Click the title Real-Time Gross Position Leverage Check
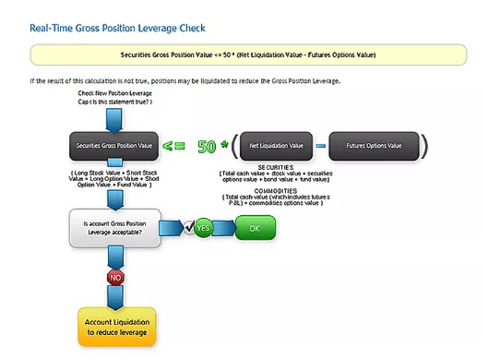(118, 29)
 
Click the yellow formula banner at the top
(248, 54)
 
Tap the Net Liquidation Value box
(276, 146)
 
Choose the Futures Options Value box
(374, 146)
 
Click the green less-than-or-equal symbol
(174, 146)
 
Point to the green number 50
(207, 146)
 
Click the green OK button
(255, 228)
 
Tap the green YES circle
(203, 228)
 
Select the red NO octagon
(116, 276)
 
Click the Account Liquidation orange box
(117, 327)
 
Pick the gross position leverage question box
(116, 228)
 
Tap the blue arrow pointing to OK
(224, 228)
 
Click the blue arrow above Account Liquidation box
(116, 297)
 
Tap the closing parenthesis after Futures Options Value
(425, 146)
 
